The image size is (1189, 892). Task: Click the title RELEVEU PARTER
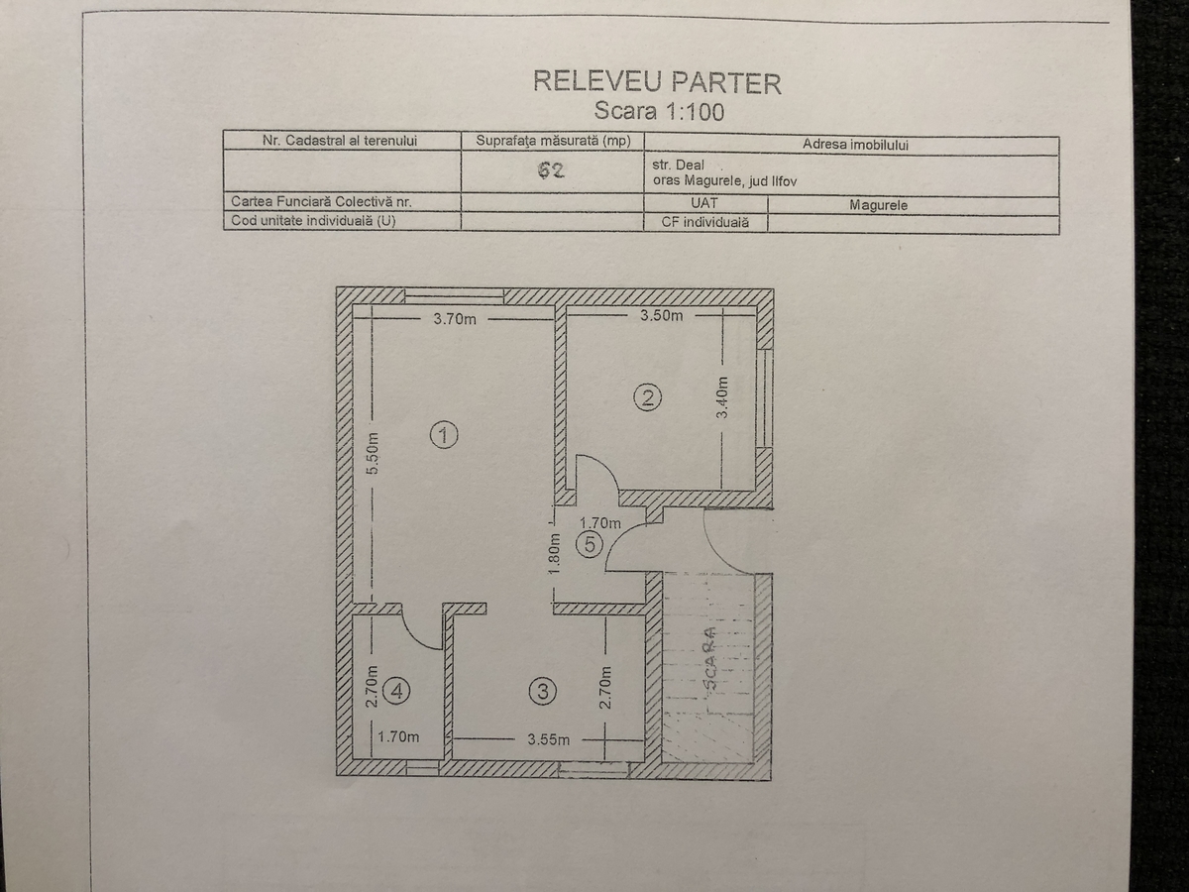657,82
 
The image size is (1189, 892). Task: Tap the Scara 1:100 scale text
659,112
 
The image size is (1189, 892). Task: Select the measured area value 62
551,170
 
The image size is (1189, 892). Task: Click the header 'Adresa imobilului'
855,145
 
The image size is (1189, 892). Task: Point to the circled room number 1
444,435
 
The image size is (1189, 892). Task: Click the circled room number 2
647,398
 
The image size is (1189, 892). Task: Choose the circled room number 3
543,692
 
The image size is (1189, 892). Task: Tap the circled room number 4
396,691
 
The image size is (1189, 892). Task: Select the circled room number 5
590,544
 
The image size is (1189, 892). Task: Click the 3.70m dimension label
455,319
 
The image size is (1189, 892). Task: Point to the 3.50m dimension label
662,315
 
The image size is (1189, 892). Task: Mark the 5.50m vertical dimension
373,454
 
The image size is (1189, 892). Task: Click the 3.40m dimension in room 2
722,397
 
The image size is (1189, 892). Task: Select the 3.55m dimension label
549,739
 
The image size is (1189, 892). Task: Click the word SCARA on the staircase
709,660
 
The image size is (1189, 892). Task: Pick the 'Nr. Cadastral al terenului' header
340,141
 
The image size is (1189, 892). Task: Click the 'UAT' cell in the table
704,203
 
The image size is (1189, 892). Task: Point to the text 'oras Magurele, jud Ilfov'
724,181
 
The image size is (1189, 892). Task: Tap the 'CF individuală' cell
705,222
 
